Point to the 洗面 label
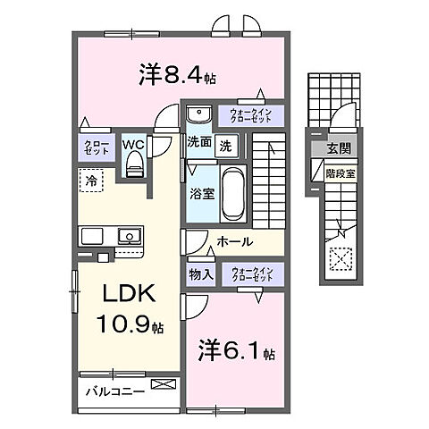pos(198,142)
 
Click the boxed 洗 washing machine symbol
pos(226,143)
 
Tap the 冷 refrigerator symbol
pos(92,181)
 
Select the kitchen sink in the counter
pos(129,237)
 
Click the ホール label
pos(234,241)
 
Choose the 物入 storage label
pos(200,274)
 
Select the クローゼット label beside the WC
pos(97,147)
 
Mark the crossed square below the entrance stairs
pos(341,259)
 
